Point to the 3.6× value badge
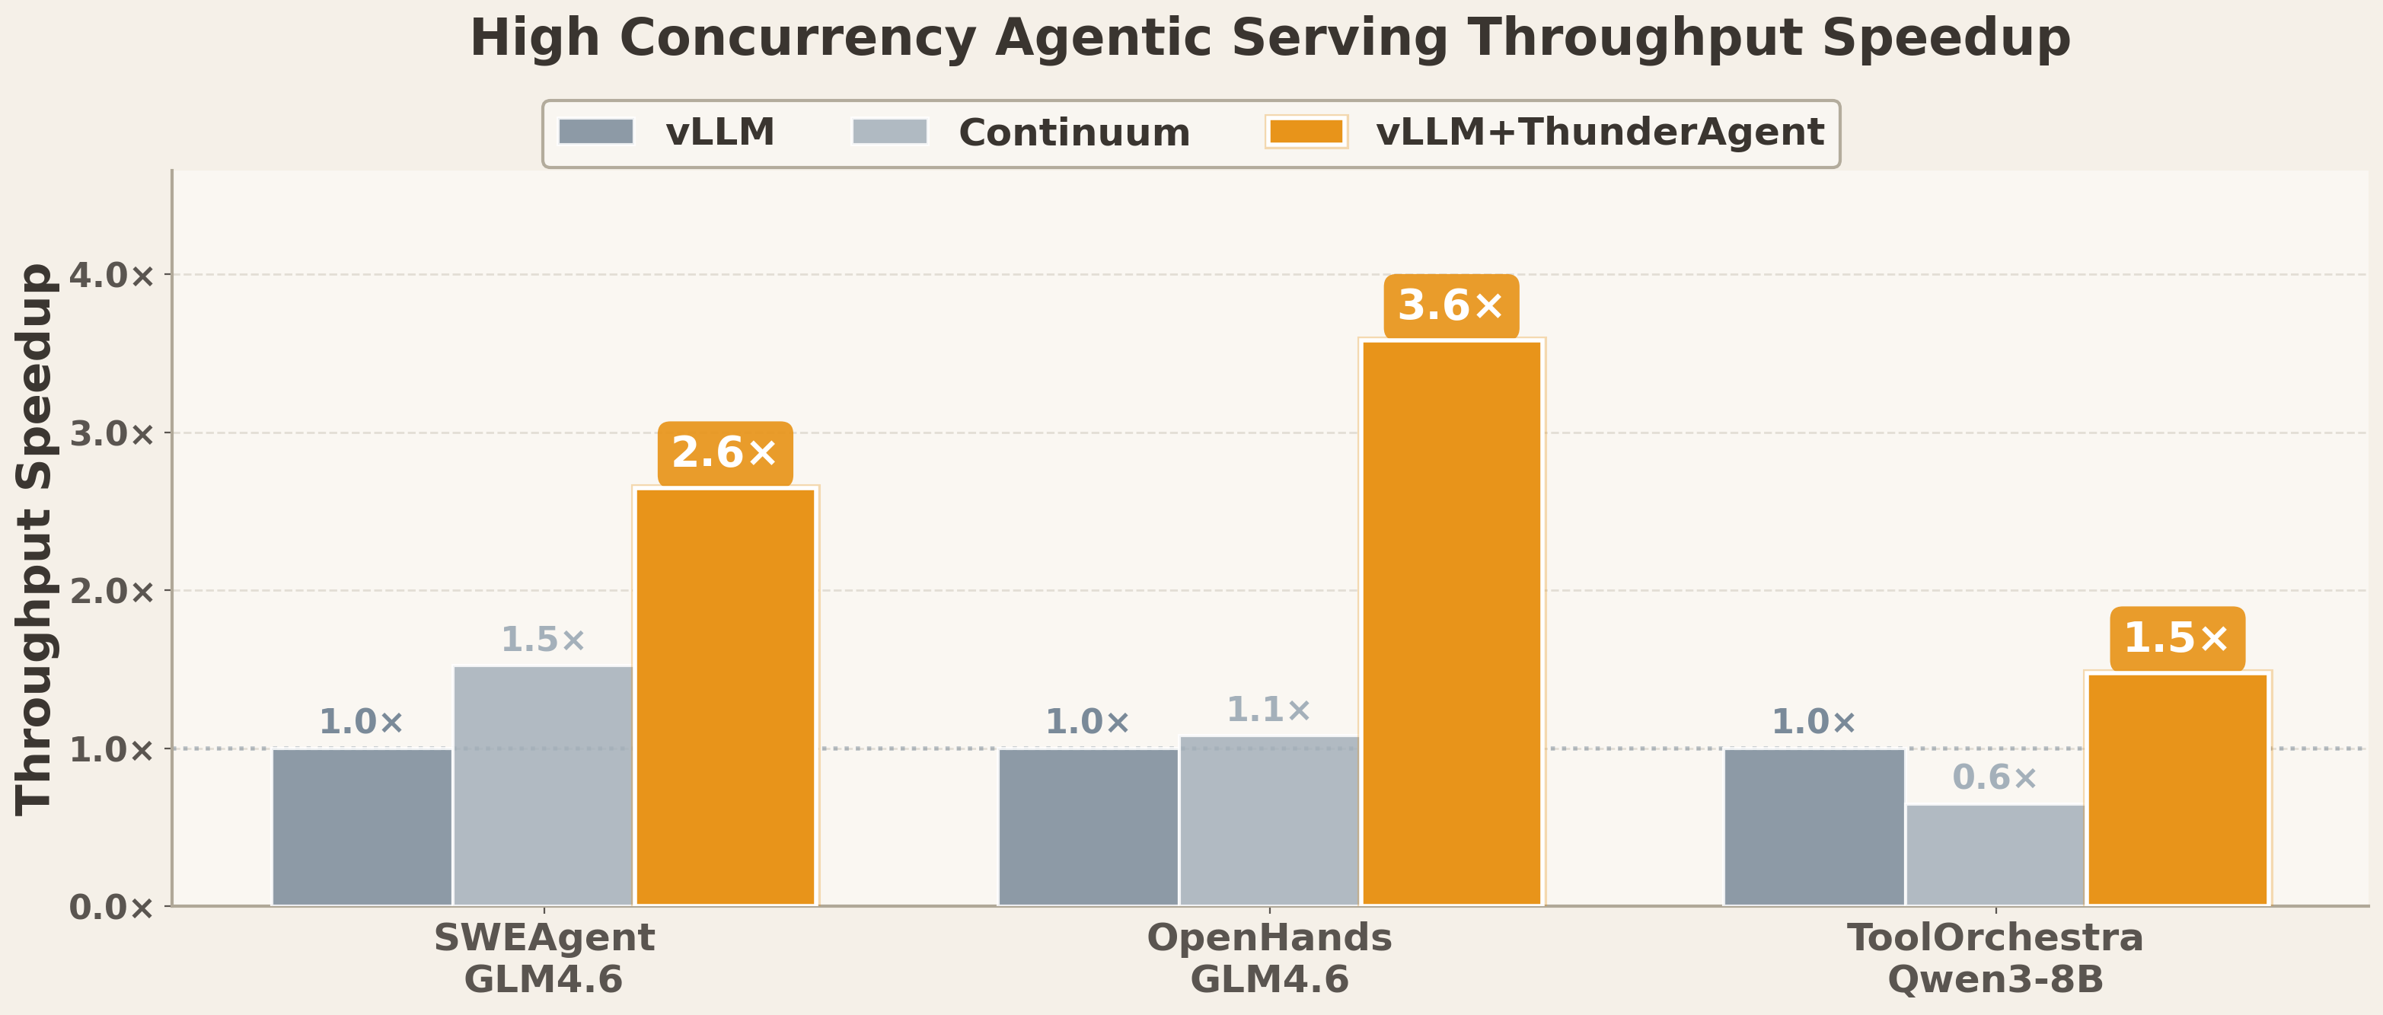1450,306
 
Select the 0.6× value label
1995,778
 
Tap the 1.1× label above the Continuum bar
1268,710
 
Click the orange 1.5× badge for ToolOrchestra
2177,638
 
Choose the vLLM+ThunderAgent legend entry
1545,132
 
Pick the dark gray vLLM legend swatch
595,132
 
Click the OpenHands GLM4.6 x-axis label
1269,959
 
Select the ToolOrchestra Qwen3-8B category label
1995,959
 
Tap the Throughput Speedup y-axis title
35,538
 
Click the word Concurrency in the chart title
796,39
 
